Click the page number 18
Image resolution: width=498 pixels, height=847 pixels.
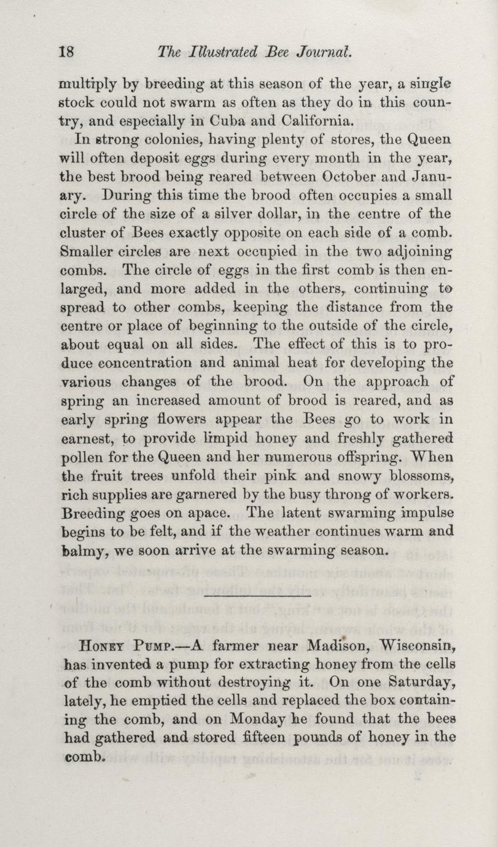(x=66, y=52)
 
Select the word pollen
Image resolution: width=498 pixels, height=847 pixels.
(x=83, y=457)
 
